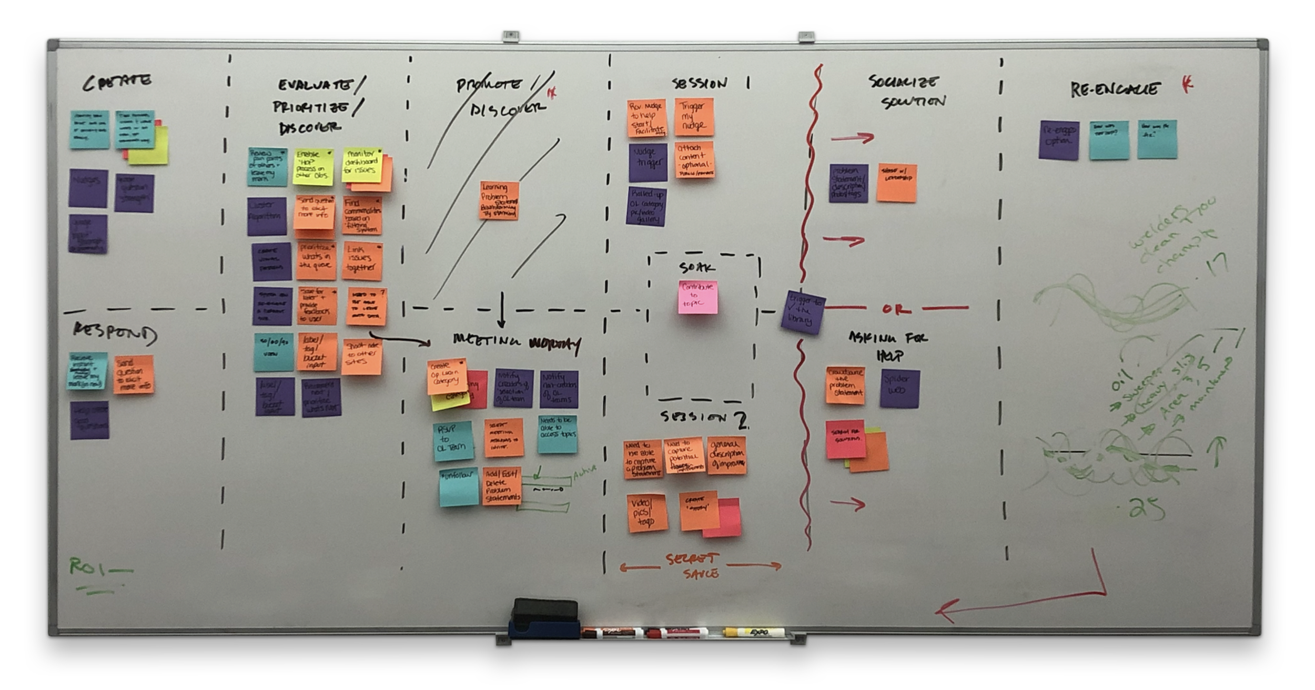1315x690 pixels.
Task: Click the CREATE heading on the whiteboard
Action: click(x=117, y=82)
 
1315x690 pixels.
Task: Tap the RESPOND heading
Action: click(x=115, y=333)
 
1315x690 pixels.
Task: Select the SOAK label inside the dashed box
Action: click(x=697, y=268)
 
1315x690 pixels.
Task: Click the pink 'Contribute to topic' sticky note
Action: click(x=697, y=297)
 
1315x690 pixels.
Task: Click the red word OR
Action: click(x=896, y=309)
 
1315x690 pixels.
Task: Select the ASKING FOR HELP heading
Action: click(x=888, y=346)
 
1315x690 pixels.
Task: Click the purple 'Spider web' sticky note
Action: click(x=899, y=389)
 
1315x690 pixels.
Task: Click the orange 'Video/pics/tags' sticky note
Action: click(x=647, y=513)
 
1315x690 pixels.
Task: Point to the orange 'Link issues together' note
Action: click(x=362, y=261)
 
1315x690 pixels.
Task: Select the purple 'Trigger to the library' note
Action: click(x=802, y=312)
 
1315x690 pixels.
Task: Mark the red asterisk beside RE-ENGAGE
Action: click(x=1187, y=84)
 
